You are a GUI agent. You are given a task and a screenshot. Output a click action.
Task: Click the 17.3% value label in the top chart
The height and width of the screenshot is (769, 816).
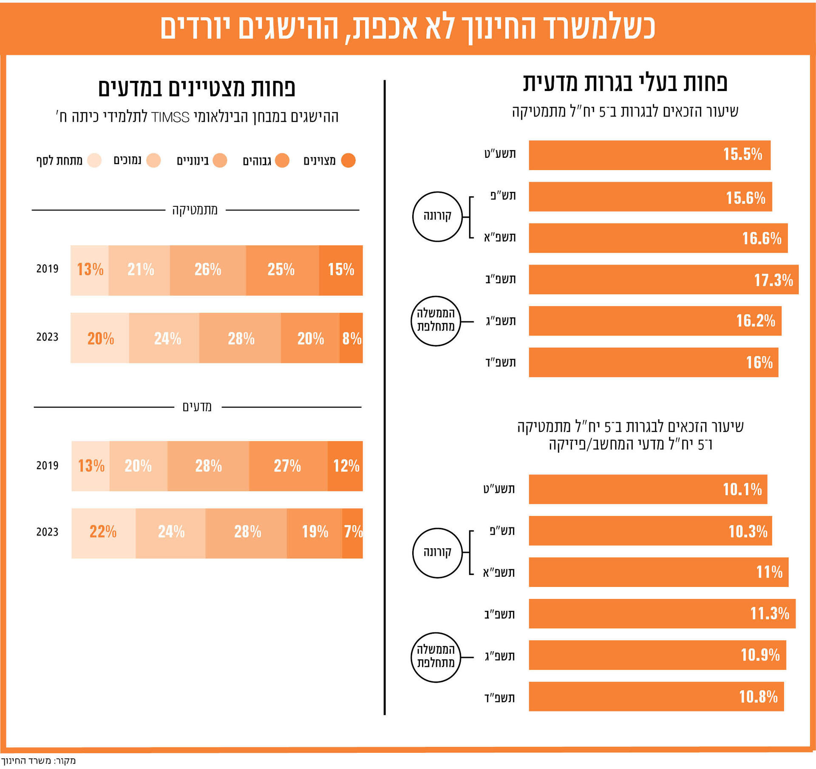773,280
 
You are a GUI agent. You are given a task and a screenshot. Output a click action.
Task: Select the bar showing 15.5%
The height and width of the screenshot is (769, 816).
649,155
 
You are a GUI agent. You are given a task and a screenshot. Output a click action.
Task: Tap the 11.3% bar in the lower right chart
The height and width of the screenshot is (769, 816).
662,613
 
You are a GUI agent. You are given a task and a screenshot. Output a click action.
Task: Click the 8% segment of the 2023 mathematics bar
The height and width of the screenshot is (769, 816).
351,338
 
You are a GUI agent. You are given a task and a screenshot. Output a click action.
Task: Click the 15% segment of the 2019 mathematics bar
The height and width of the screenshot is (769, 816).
341,270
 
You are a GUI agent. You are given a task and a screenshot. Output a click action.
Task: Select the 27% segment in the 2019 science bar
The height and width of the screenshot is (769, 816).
287,466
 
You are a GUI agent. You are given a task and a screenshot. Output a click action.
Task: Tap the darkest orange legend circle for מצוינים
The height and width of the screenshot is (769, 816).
348,160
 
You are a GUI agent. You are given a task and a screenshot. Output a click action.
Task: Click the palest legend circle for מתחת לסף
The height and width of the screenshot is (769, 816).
94,160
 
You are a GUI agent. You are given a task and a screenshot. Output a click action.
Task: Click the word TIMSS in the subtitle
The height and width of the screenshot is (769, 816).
170,117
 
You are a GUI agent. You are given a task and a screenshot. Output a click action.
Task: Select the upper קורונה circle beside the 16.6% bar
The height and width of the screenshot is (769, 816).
437,216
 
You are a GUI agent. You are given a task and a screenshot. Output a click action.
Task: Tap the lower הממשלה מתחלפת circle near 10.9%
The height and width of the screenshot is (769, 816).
436,658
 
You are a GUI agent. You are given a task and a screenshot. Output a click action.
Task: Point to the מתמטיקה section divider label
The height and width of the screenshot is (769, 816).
195,210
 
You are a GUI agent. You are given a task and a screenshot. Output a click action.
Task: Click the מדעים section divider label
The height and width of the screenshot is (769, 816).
197,407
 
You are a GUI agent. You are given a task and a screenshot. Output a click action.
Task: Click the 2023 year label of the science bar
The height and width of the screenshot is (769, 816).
47,532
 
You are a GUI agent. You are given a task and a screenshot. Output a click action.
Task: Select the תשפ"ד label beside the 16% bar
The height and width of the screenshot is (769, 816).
501,362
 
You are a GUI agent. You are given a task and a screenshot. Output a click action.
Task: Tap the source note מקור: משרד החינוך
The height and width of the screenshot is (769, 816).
38,760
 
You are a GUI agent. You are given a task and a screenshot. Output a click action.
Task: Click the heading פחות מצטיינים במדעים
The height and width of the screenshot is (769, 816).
196,88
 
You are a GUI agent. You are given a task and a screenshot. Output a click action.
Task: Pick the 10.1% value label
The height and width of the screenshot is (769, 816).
742,489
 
